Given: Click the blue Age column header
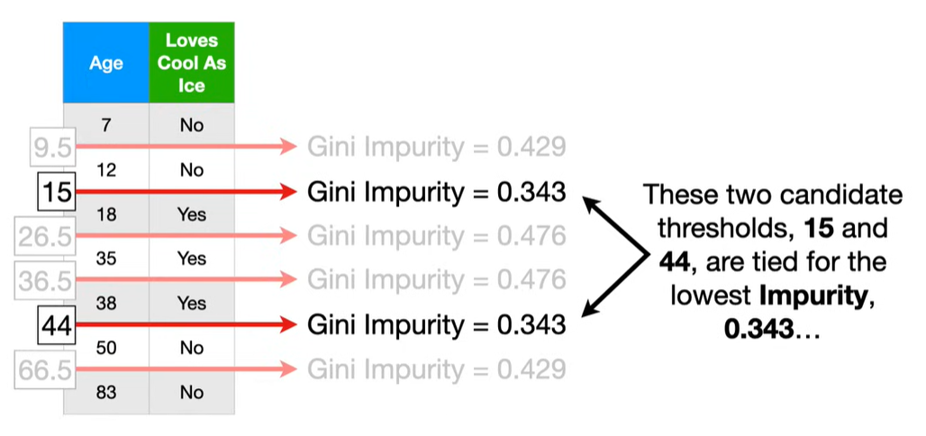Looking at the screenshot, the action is [x=106, y=63].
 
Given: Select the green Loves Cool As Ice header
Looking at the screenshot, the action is [x=192, y=63].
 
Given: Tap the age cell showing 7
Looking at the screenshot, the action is [x=106, y=125].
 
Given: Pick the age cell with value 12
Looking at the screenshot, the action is [x=106, y=169].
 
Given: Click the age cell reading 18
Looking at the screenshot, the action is [x=106, y=214].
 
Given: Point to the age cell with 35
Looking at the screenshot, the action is [x=106, y=259].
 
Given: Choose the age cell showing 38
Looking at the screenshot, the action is [x=106, y=304].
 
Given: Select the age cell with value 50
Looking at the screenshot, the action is [x=106, y=348].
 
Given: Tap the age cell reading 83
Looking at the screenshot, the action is [x=106, y=392].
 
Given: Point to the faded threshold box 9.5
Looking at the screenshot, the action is [x=50, y=147].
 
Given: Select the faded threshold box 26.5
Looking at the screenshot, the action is [x=45, y=237].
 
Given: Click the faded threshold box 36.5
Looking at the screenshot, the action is [x=45, y=281].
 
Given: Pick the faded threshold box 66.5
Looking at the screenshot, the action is [x=45, y=370].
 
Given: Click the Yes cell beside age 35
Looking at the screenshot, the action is [x=192, y=259].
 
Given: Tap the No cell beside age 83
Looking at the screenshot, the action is [x=192, y=392].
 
